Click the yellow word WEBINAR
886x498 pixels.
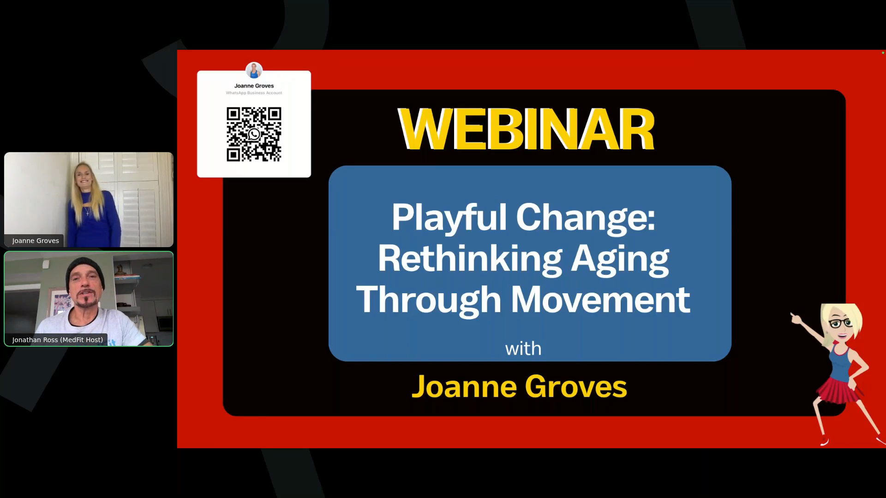526,129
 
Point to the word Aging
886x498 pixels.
620,260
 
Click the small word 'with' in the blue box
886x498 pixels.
523,349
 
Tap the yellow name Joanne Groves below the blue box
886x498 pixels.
519,386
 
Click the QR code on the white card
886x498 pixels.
254,134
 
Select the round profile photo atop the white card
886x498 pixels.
254,71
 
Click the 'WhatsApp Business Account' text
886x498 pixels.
254,93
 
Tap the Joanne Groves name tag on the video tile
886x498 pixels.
36,241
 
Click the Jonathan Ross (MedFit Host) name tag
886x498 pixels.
57,340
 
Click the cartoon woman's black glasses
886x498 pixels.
841,323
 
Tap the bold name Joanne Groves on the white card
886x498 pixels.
254,86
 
